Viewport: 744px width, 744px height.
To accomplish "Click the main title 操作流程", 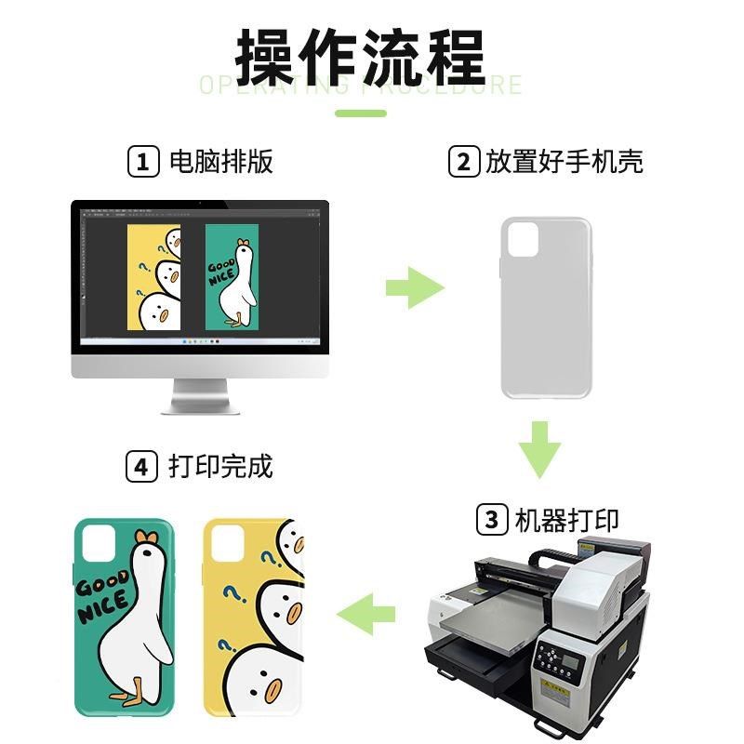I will coord(361,58).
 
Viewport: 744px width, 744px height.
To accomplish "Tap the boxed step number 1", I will coord(142,162).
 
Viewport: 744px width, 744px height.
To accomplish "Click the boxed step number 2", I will coord(462,162).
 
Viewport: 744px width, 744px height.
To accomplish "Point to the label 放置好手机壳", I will coord(564,162).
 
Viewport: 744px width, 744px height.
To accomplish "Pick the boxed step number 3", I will coord(492,519).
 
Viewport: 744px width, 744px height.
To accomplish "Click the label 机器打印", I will coord(566,519).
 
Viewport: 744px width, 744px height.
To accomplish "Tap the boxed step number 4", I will coord(141,465).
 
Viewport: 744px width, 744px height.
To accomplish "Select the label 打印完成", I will coord(221,465).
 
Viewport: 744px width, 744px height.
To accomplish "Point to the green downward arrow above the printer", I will coord(539,449).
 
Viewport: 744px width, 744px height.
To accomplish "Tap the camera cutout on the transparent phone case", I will coord(523,240).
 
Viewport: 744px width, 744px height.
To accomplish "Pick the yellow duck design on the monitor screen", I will coord(153,278).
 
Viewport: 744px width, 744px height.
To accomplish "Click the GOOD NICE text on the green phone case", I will coord(102,599).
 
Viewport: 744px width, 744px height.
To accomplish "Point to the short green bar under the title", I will coord(360,113).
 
